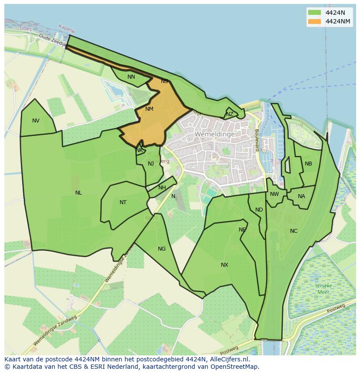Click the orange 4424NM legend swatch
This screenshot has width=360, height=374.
click(314, 21)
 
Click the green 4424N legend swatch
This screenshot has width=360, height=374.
click(314, 13)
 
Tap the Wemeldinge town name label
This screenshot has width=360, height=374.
click(214, 134)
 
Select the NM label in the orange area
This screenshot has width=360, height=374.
click(149, 109)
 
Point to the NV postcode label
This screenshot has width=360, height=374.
click(36, 121)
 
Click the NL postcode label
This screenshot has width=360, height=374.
click(78, 193)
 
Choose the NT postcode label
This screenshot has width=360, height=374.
click(123, 202)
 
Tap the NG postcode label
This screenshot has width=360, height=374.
click(162, 249)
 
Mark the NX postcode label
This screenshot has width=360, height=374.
click(224, 265)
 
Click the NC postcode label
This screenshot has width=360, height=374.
click(293, 231)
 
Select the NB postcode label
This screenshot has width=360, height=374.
click(308, 164)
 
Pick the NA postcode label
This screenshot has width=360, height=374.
click(301, 196)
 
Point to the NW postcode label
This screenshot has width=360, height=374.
click(274, 194)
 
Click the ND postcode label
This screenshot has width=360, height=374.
click(259, 210)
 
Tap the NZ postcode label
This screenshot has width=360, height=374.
click(230, 114)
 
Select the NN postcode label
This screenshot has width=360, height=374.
click(131, 77)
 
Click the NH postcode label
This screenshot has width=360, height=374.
click(162, 188)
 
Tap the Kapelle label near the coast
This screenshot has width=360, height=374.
click(67, 29)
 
